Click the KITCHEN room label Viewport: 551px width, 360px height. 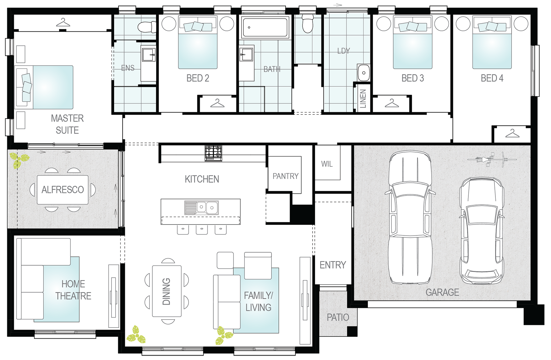tap(202, 179)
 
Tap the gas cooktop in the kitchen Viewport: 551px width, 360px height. tap(213, 153)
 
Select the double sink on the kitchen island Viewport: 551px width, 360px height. tap(201, 208)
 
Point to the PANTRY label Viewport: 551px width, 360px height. tap(285, 176)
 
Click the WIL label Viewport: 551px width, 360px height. tap(327, 164)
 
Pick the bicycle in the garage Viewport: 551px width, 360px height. tap(492, 159)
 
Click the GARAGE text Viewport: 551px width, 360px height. tap(442, 292)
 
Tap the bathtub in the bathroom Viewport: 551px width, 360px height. tap(265, 27)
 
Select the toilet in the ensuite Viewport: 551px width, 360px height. tap(147, 27)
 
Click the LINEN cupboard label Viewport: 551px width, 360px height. tap(363, 98)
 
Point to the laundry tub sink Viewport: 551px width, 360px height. tap(364, 73)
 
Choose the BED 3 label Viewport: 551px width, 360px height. tap(413, 78)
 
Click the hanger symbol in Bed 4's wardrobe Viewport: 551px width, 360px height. tap(512, 134)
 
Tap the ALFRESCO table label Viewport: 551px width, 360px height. tap(63, 190)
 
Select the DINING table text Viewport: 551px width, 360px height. tap(166, 291)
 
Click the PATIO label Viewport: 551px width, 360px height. tap(338, 318)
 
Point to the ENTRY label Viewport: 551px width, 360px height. tap(333, 265)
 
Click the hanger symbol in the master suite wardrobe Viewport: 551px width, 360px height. tap(63, 23)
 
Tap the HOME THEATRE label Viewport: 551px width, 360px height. tap(73, 290)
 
